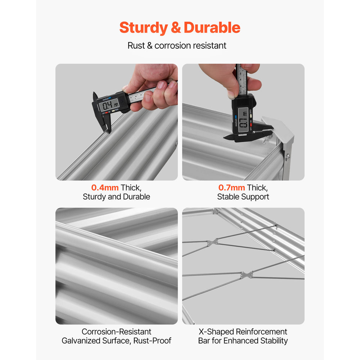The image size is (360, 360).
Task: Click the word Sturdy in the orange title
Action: point(144,28)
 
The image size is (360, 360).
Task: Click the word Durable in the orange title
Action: point(212,28)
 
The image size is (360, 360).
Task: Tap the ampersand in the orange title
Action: point(176,28)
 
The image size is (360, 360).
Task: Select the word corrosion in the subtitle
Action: point(171,45)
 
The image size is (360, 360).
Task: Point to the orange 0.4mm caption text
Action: point(105,188)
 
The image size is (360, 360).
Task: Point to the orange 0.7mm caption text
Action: point(231,188)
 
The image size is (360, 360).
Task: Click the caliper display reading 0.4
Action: point(109,105)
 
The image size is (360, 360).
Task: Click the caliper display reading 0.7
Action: point(243,120)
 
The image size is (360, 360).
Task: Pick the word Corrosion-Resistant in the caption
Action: point(116,332)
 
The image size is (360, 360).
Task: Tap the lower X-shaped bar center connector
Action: point(247,275)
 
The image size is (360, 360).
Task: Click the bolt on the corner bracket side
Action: point(287,157)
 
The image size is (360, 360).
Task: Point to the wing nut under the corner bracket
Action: point(266,139)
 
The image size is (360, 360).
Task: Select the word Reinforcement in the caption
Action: point(261,332)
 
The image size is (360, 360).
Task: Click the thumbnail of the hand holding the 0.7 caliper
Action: point(243,122)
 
